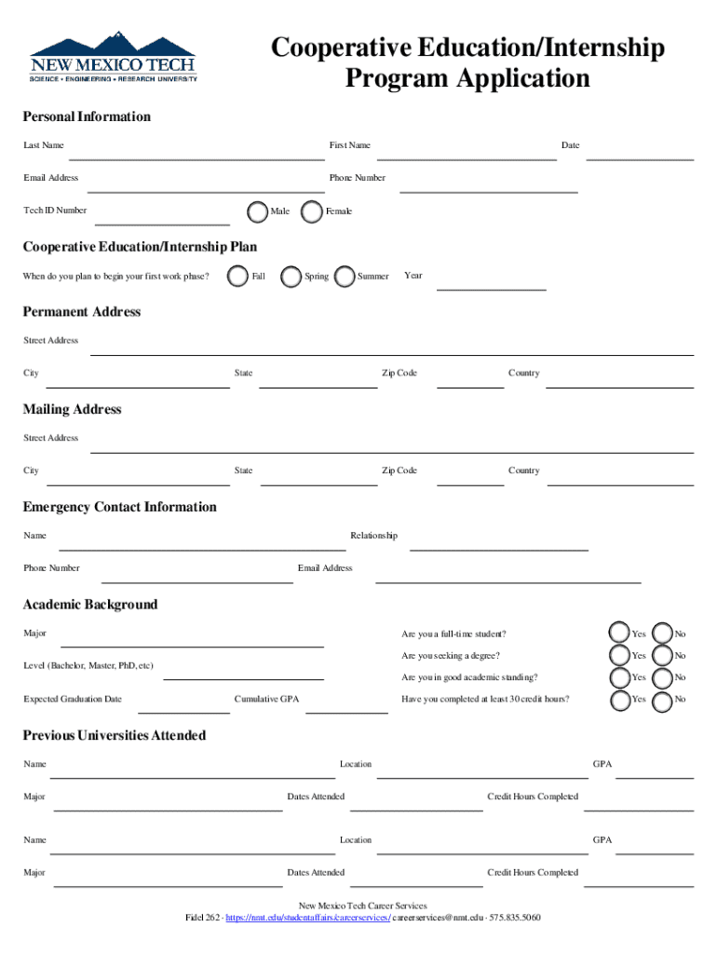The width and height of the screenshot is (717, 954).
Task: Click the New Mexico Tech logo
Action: (x=114, y=57)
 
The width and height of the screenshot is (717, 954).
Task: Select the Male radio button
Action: (x=258, y=211)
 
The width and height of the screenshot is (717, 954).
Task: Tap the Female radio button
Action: (x=313, y=211)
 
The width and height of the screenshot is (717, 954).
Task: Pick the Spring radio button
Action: (x=291, y=277)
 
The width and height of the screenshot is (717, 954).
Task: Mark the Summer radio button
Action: (x=345, y=277)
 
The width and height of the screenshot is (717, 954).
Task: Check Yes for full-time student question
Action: (x=619, y=634)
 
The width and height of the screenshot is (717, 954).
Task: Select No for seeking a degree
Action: (x=663, y=656)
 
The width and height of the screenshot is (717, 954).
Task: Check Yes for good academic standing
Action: (x=619, y=677)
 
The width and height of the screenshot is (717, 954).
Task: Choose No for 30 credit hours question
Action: (x=663, y=700)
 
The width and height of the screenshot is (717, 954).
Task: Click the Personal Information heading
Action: (x=87, y=117)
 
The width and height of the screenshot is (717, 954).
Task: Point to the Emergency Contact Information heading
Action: (x=119, y=508)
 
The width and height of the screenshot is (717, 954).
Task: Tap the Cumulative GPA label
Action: (x=267, y=700)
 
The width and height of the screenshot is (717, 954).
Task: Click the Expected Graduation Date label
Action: (x=73, y=700)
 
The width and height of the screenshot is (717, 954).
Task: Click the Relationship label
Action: (x=373, y=536)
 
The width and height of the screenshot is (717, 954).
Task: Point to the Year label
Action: (x=413, y=276)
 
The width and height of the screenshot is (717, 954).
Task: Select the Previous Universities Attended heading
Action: (x=115, y=736)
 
